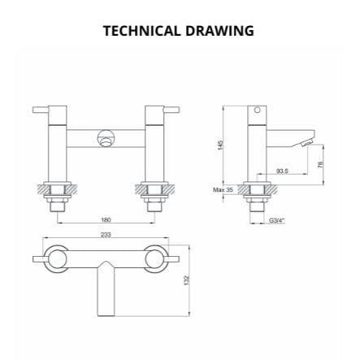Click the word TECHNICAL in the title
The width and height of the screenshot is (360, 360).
click(x=141, y=31)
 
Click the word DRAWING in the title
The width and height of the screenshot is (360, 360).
click(x=219, y=31)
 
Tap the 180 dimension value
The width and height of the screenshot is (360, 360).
click(x=106, y=219)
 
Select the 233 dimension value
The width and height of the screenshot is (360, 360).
click(x=106, y=234)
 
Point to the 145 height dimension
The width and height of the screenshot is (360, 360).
click(x=220, y=144)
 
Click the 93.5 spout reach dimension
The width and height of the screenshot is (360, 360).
click(x=282, y=171)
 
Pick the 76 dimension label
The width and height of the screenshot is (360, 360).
click(x=320, y=165)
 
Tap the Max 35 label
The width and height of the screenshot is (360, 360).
click(x=223, y=189)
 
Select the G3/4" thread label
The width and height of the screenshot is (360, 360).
click(x=276, y=219)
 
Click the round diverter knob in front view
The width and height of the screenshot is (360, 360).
click(x=106, y=138)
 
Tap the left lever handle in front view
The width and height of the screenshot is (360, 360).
click(x=41, y=109)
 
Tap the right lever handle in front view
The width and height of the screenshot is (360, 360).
click(x=171, y=109)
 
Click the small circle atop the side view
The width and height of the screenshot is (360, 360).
click(x=258, y=109)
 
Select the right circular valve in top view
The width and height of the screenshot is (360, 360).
click(x=156, y=258)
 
